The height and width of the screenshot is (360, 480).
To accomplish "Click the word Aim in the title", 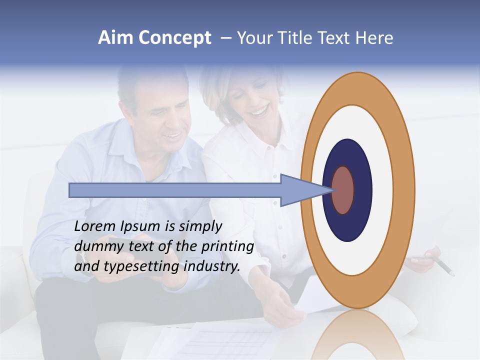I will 115,37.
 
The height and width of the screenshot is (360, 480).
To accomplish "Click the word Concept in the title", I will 175,38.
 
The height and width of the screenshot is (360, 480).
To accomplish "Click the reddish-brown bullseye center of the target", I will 343,190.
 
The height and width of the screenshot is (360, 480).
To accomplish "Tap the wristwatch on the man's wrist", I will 80,259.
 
